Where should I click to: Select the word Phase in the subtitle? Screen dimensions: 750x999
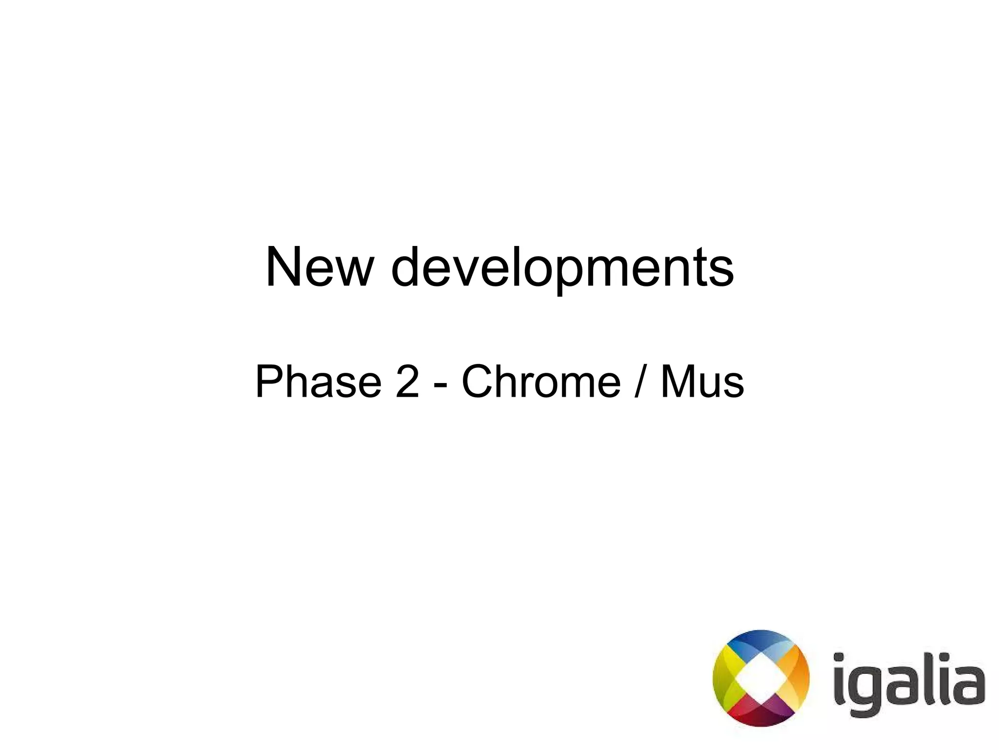[x=318, y=382]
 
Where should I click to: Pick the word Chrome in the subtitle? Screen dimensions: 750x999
[x=541, y=382]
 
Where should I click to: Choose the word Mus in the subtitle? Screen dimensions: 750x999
[x=702, y=382]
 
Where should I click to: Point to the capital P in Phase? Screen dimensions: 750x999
[x=270, y=382]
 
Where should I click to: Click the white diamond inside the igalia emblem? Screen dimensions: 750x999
[x=760, y=678]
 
